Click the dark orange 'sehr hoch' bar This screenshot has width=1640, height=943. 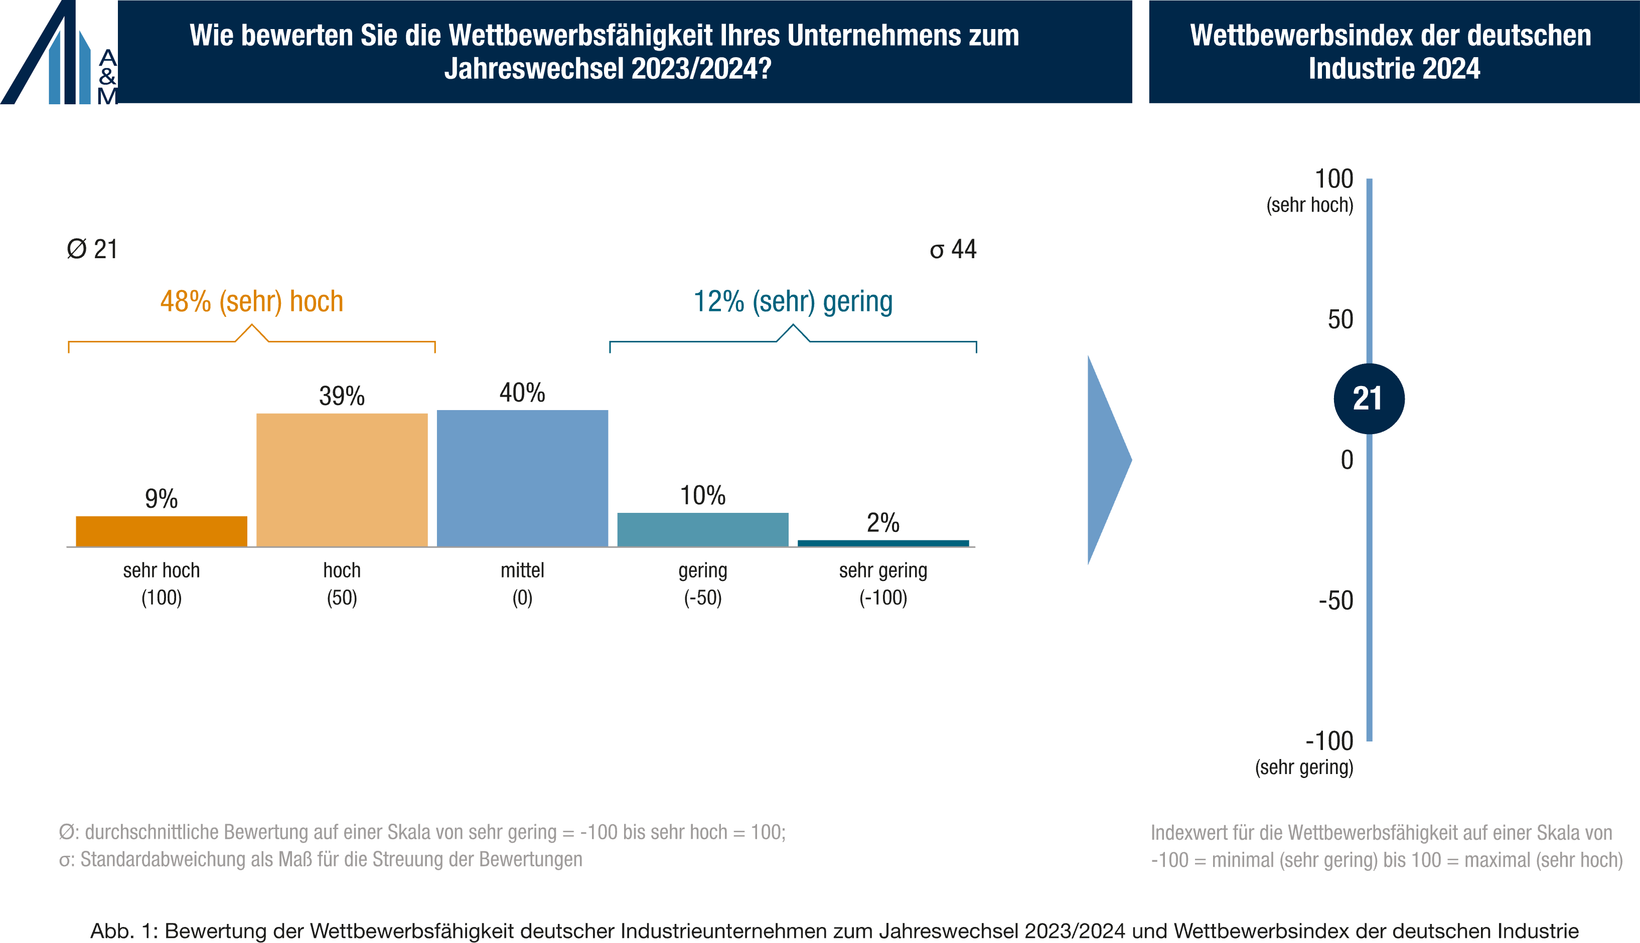(x=162, y=531)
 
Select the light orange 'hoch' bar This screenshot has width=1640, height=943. (x=342, y=479)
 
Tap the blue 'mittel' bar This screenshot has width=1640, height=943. (x=522, y=478)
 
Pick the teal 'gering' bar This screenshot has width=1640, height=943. (x=702, y=529)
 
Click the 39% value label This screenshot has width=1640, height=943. (x=342, y=396)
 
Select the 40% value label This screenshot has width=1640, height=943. (x=522, y=393)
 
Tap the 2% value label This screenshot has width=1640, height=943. (x=883, y=523)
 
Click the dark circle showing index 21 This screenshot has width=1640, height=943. (x=1369, y=399)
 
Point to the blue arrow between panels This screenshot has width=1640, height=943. (x=1107, y=460)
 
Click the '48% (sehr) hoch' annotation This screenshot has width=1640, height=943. (x=251, y=302)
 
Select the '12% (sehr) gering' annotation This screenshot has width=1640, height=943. (x=793, y=302)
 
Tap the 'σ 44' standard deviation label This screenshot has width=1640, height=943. (x=953, y=249)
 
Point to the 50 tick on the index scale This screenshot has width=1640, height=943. (x=1340, y=319)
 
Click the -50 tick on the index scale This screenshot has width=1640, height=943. (x=1335, y=601)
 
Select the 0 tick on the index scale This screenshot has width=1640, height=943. (x=1347, y=460)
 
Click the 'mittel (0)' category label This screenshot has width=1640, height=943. (x=522, y=584)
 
